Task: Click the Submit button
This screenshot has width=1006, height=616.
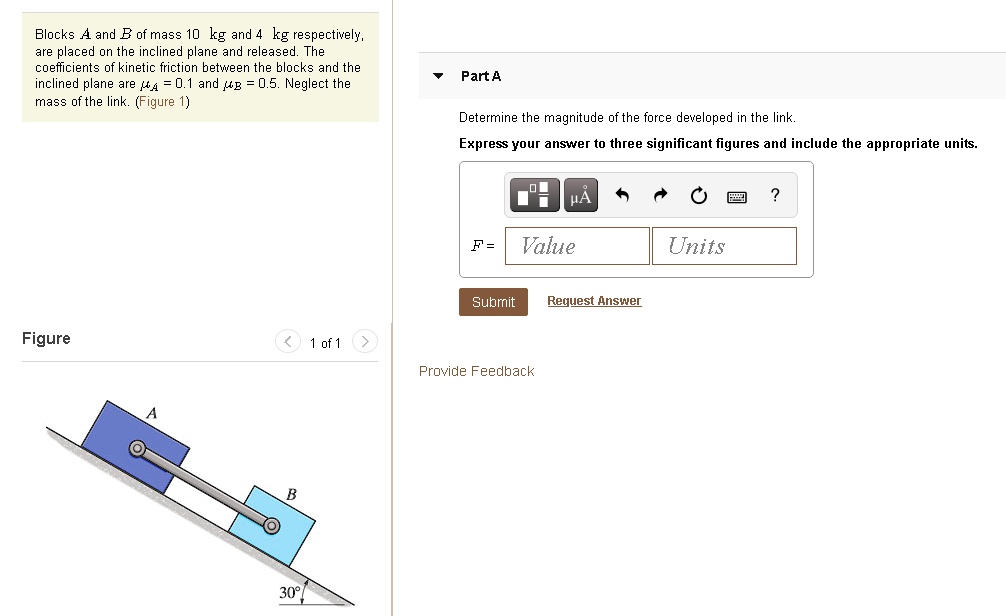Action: point(493,302)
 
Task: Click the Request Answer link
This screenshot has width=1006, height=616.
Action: point(594,301)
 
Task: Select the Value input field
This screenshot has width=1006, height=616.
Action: point(577,246)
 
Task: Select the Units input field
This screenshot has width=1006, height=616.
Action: point(724,246)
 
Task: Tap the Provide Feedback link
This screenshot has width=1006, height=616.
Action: point(476,371)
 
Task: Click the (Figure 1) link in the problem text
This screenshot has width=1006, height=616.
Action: point(162,101)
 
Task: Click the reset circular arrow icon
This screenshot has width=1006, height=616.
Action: point(699,196)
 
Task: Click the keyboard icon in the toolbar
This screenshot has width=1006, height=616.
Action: point(737,196)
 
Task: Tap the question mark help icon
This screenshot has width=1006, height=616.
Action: point(775,195)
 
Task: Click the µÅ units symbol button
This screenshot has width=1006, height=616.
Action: point(580,196)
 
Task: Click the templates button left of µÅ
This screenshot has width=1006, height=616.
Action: point(536,196)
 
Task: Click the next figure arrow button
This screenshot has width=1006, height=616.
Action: point(366,342)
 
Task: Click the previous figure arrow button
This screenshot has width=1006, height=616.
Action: point(287,342)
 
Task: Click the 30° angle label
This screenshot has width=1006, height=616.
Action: point(290,592)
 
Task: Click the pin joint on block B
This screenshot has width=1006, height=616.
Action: point(270,524)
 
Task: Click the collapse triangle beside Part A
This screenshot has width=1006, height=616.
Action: point(438,76)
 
